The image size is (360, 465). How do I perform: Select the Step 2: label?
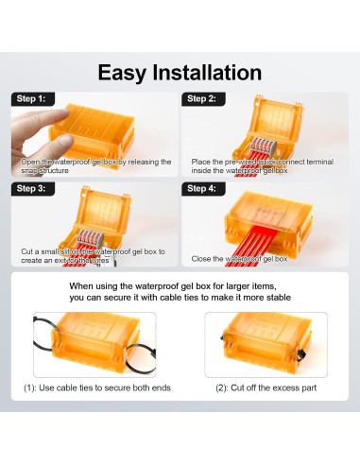tap(202, 98)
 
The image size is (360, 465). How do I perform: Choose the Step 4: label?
tap(202, 188)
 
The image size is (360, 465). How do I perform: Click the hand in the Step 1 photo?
tap(37, 128)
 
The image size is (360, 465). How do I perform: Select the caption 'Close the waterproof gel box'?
tap(239, 258)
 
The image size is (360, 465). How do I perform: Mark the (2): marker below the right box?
tap(225, 388)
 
